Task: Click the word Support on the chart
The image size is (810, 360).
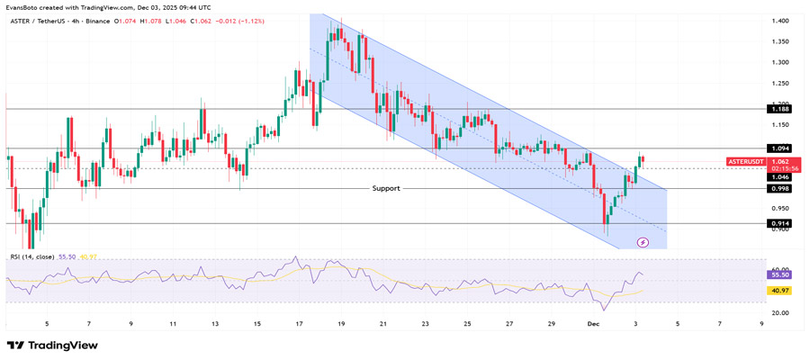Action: coord(386,188)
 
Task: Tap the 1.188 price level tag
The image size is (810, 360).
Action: coord(780,108)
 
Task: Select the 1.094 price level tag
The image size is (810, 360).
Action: coord(780,148)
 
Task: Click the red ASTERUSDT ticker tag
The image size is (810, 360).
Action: coord(746,161)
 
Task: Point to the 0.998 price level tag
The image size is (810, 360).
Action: coord(780,189)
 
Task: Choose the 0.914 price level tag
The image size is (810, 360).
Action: coord(780,223)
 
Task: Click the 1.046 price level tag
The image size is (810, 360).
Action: coord(780,177)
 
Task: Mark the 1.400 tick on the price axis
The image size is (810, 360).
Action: coord(780,21)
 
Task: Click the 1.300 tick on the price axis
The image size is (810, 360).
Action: coord(780,62)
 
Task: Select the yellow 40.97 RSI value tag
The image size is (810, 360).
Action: coord(779,291)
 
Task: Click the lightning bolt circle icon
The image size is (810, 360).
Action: coord(643,242)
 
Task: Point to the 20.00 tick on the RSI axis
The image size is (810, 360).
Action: coord(779,312)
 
